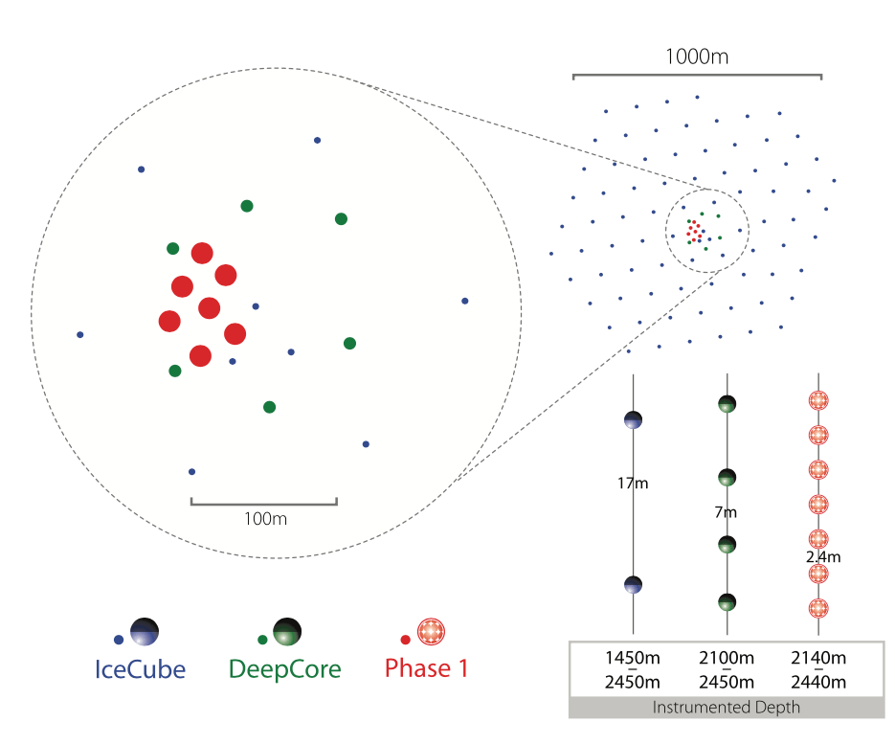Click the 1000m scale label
(x=697, y=56)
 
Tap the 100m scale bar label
(x=265, y=519)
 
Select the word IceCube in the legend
(x=139, y=668)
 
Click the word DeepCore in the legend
(x=285, y=668)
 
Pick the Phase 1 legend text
(x=427, y=667)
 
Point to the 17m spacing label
(x=633, y=484)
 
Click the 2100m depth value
(x=727, y=659)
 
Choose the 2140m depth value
(x=819, y=659)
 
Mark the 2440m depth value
(x=819, y=682)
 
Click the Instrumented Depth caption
(x=727, y=709)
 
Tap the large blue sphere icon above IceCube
(x=144, y=631)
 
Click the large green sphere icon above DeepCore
(x=287, y=631)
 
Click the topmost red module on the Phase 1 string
(x=818, y=400)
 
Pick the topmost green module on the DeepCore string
(x=727, y=404)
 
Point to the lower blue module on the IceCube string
(x=633, y=584)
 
